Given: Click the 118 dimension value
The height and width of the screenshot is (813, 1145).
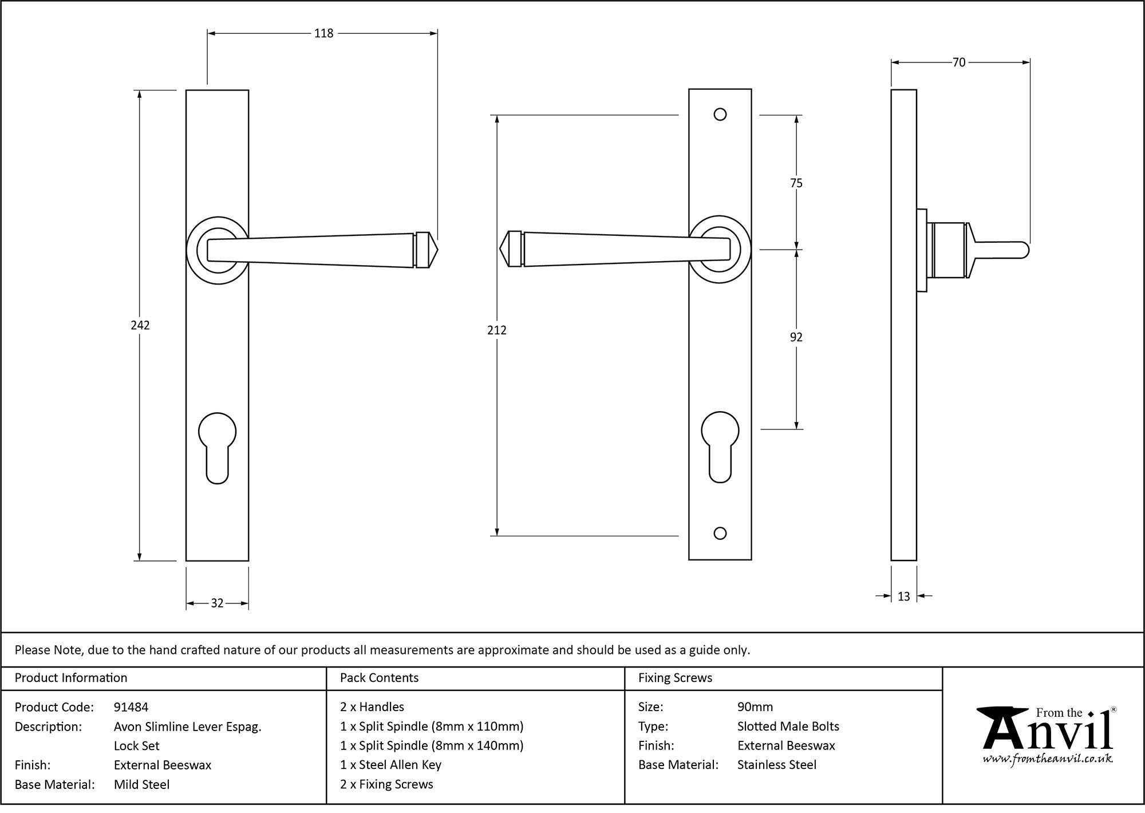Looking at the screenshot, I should (x=323, y=34).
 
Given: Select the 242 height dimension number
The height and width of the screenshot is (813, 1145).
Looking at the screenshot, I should (x=140, y=325).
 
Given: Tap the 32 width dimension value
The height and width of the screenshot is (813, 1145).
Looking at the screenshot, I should (x=217, y=603).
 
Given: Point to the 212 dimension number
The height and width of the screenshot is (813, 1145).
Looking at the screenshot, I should (x=497, y=330).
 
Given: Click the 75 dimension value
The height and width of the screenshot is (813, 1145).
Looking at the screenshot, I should (x=796, y=183).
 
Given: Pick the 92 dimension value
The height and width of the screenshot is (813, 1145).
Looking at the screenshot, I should (x=796, y=337).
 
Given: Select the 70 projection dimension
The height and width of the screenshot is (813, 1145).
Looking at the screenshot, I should (x=959, y=62).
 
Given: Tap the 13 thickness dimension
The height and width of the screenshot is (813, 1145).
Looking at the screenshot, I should (x=903, y=597).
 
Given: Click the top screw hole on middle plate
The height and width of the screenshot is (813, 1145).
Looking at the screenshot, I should (x=720, y=115).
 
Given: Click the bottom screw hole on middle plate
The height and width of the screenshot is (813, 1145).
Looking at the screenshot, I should (x=720, y=534).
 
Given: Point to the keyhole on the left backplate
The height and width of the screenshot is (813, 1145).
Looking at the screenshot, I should (x=217, y=447).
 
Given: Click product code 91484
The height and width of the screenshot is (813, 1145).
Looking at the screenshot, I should (x=131, y=707).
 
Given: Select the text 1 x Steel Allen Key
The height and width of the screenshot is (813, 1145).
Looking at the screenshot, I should (x=390, y=765).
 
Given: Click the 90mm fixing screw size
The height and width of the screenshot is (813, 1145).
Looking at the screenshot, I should (x=755, y=707).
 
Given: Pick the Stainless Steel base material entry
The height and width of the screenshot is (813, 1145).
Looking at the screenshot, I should (x=777, y=765).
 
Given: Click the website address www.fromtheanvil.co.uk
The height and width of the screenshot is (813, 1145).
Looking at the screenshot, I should (x=1048, y=759).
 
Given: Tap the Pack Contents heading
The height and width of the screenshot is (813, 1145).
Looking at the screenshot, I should (x=379, y=678).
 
